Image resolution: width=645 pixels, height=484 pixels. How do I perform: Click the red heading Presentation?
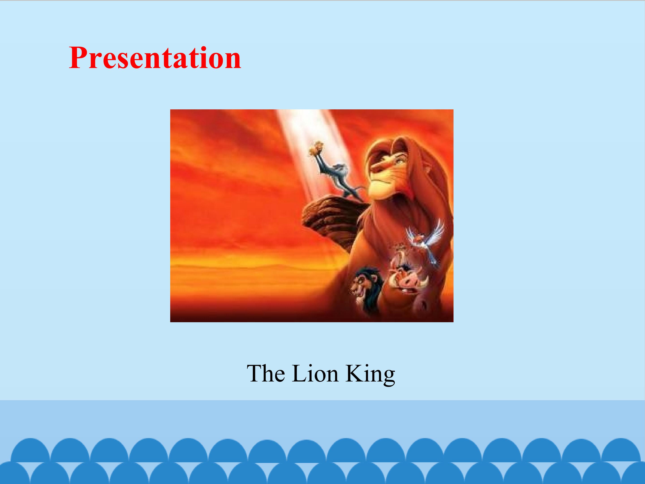[155, 58]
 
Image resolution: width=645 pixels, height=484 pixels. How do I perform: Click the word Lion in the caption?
[315, 374]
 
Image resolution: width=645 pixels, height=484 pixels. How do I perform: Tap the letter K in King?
[354, 374]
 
